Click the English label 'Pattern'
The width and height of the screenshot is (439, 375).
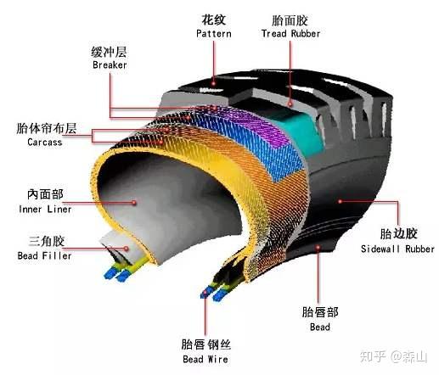tap(214, 34)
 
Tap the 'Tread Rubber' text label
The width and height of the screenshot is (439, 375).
tap(290, 34)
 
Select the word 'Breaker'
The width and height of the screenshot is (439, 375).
tap(110, 64)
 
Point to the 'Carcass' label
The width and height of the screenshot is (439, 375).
tap(45, 142)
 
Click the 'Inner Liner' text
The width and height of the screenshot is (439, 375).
tap(45, 210)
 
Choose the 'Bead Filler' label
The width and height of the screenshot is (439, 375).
tap(44, 255)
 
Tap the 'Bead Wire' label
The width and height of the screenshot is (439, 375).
tap(205, 359)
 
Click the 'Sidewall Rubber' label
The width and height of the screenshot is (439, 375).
tap(397, 249)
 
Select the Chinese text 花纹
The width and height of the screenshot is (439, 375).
tap(214, 20)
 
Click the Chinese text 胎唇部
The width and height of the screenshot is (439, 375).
tap(320, 312)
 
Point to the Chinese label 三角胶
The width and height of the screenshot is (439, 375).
tap(47, 241)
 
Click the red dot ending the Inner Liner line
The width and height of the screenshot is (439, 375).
tap(134, 203)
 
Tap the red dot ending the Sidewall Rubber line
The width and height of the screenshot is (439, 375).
tap(341, 201)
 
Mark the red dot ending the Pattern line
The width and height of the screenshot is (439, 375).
tap(214, 83)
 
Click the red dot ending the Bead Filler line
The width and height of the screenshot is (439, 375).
tap(127, 249)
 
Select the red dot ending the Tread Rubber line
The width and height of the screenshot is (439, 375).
tap(290, 104)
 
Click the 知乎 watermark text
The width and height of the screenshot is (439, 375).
tap(373, 356)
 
